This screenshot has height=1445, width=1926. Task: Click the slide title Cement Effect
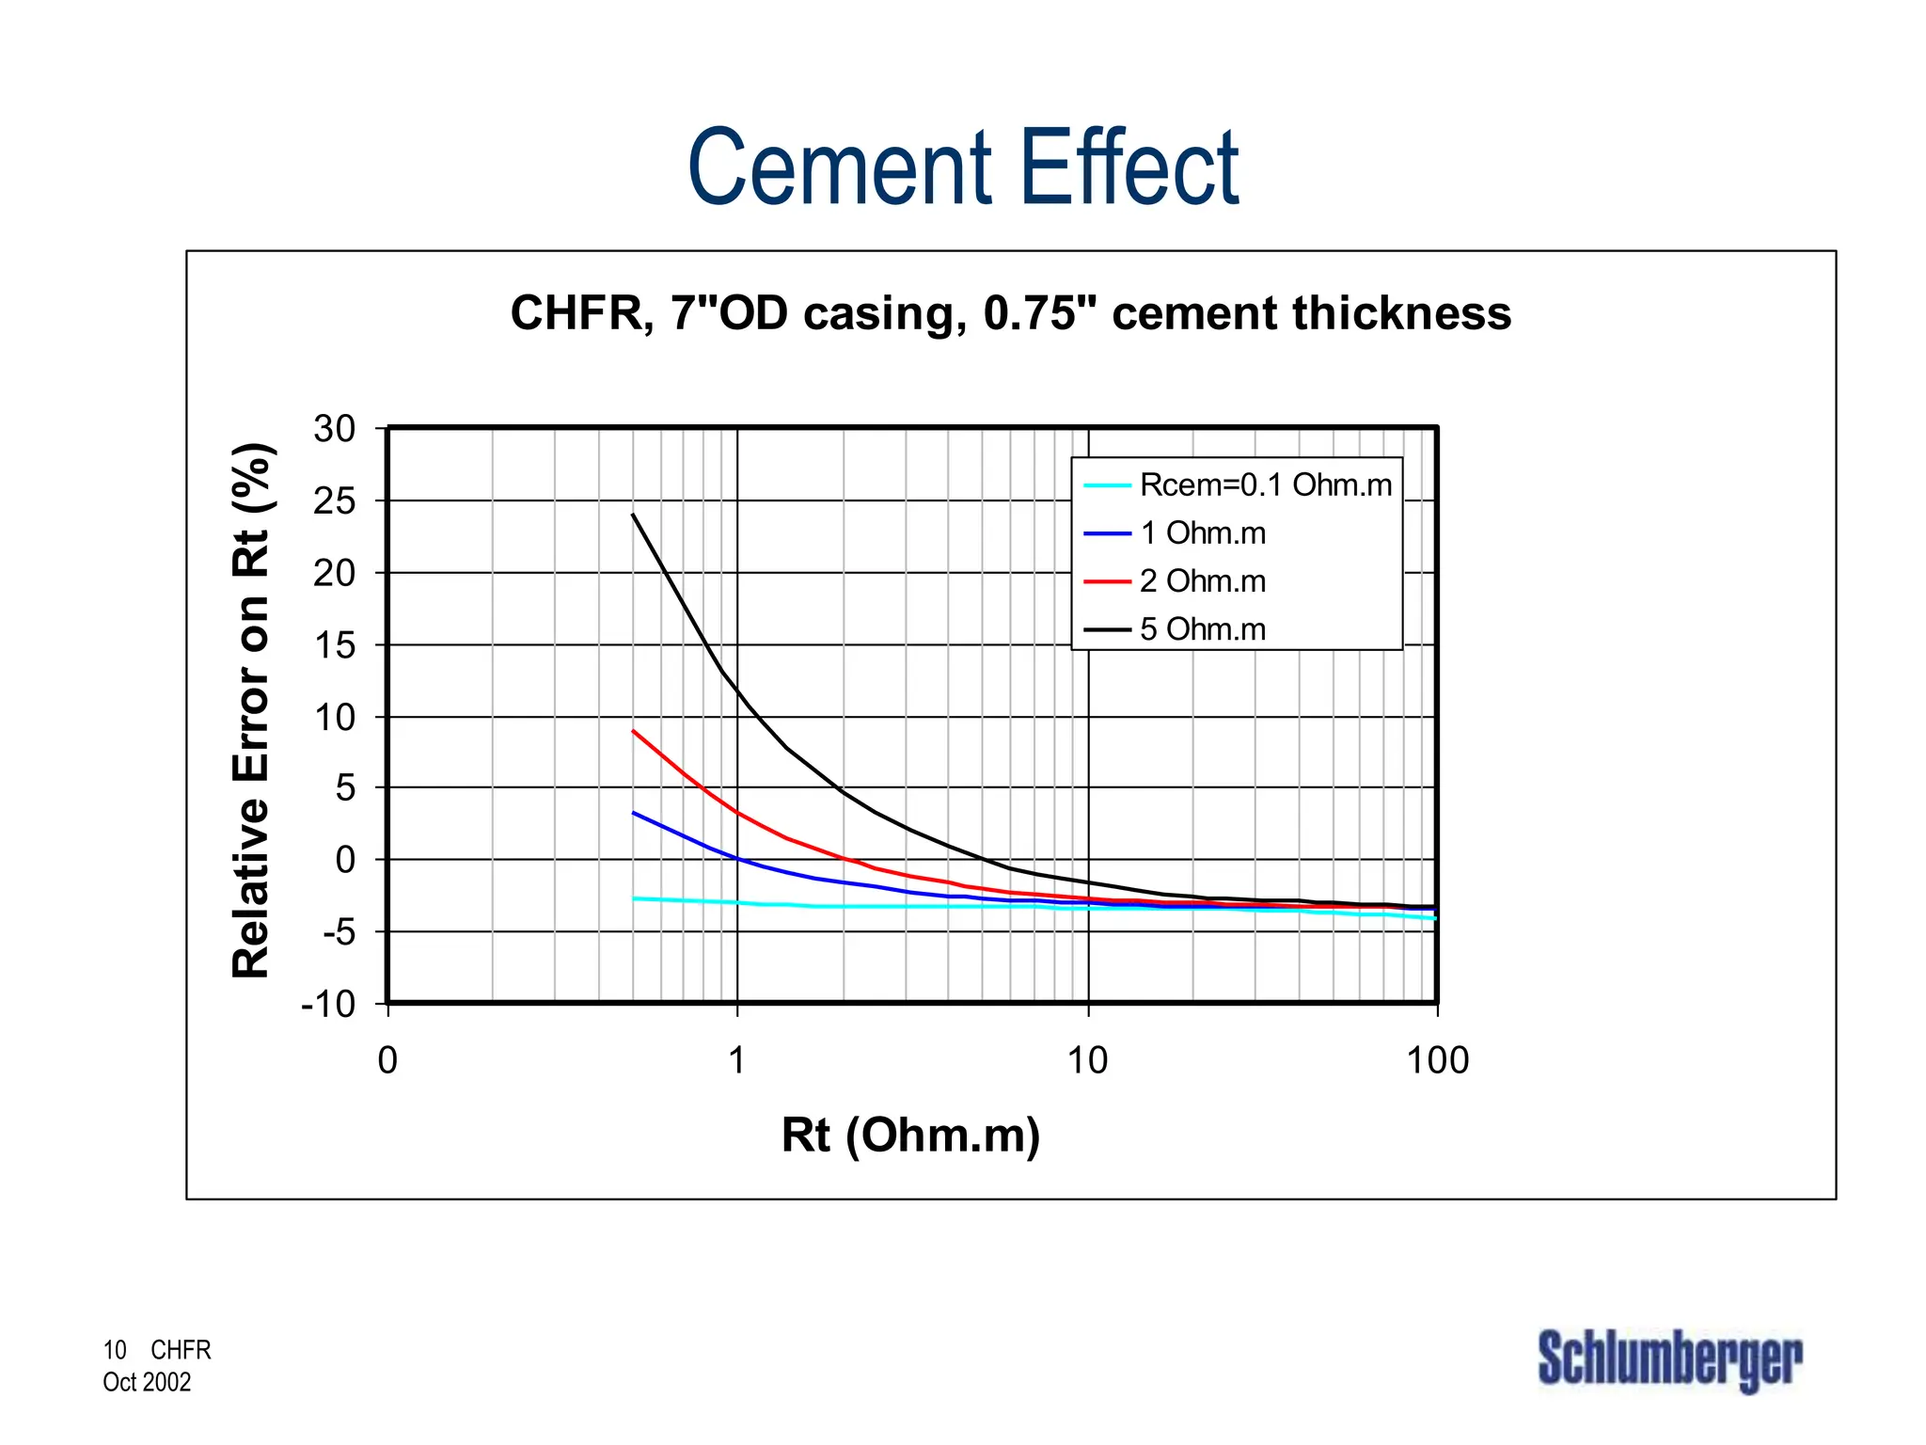963,167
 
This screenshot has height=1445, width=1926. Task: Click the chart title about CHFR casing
1010,312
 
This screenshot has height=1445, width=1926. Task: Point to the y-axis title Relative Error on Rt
252,711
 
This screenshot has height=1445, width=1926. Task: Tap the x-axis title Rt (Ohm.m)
910,1134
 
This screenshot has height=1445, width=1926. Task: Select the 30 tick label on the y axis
335,429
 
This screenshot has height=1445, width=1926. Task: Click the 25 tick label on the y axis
335,501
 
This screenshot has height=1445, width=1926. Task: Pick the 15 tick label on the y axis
335,645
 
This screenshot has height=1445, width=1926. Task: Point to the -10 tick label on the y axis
328,1004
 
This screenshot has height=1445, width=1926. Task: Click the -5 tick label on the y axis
339,932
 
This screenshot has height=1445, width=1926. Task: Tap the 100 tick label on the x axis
1437,1061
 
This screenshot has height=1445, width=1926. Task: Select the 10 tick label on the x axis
1087,1061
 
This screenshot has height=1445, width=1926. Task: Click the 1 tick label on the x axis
737,1061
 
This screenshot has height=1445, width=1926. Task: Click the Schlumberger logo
1669,1359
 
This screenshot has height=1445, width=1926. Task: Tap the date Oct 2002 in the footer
147,1382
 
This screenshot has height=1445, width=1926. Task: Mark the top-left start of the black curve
634,515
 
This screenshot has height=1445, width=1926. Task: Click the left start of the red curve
634,731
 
